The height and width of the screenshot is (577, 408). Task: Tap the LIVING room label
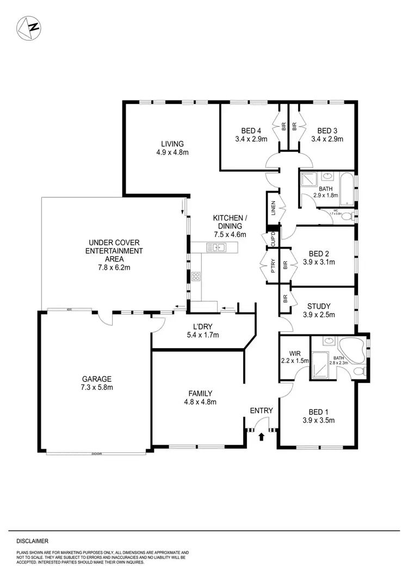[172, 144]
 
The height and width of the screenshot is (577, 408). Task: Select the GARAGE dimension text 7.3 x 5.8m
[97, 388]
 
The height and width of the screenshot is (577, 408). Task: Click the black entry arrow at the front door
[262, 436]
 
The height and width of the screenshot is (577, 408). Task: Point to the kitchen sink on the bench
[219, 248]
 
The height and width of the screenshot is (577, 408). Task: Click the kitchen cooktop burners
[195, 276]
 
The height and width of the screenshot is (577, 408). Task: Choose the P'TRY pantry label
[273, 265]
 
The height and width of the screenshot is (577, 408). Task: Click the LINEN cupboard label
[273, 208]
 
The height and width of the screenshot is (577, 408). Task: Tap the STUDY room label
[319, 307]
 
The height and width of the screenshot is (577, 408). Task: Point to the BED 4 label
[251, 131]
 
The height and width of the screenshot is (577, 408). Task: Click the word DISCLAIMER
[33, 541]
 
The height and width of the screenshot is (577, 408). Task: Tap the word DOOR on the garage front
[97, 453]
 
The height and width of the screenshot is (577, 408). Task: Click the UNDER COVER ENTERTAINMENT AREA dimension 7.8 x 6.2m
[114, 267]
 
